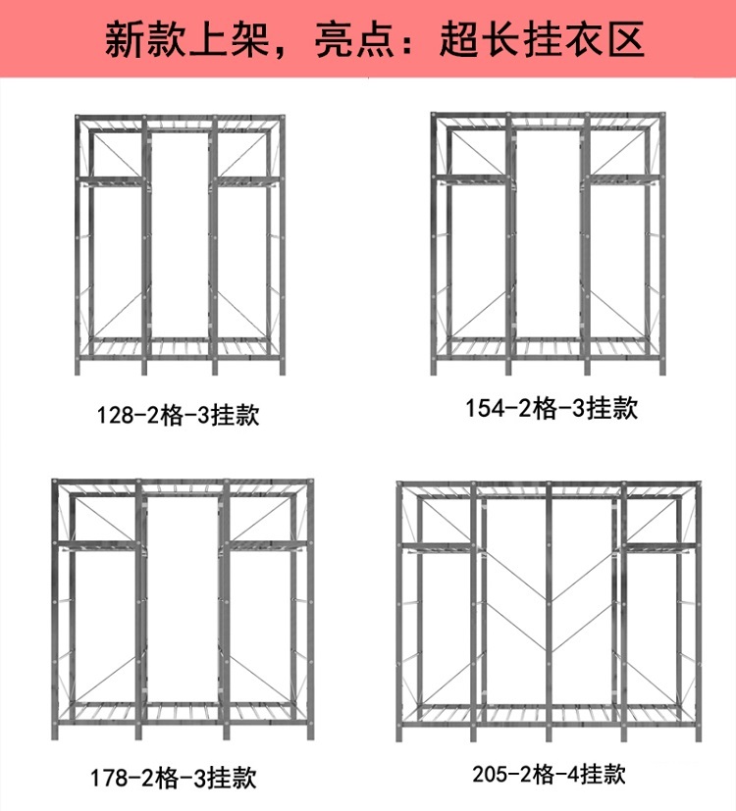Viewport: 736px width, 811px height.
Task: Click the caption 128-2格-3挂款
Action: point(178,415)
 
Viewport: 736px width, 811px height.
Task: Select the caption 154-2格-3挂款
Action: point(552,409)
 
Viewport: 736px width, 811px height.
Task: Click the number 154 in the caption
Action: point(485,410)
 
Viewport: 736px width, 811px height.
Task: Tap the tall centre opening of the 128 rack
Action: point(179,235)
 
